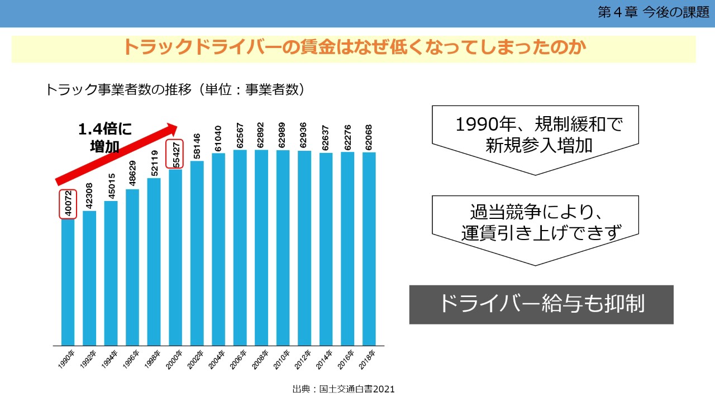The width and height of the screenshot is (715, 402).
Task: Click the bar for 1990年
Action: click(68, 282)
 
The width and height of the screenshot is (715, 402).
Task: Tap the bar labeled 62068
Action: click(369, 248)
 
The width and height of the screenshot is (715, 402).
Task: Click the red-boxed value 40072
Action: click(67, 204)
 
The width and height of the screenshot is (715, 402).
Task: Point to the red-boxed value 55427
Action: click(175, 153)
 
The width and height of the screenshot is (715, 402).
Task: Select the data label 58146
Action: click(197, 144)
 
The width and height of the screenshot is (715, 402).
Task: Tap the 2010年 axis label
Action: click(282, 360)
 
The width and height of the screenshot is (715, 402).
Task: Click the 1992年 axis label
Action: click(88, 360)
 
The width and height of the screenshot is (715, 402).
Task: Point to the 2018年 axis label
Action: click(369, 360)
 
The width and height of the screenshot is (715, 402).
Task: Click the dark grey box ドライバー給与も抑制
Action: click(541, 304)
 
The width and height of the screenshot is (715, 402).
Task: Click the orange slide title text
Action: click(354, 48)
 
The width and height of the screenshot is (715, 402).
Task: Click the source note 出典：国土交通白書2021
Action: click(344, 389)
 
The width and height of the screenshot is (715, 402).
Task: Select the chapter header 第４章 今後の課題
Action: click(653, 13)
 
